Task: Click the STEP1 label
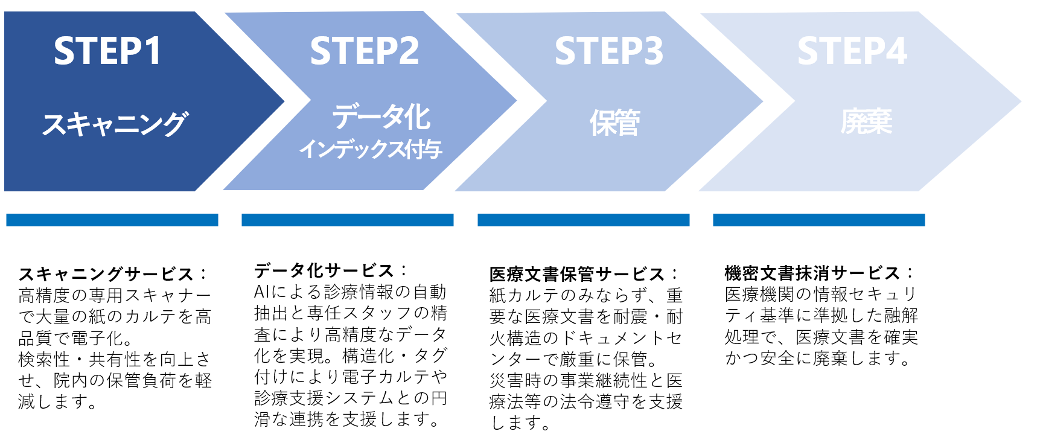click(x=107, y=51)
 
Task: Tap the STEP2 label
click(x=364, y=51)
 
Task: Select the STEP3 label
click(x=608, y=51)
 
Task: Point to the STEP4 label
click(x=852, y=51)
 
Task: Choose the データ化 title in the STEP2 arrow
click(x=381, y=116)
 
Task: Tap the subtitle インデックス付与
click(x=371, y=149)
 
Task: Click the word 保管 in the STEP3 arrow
click(x=614, y=123)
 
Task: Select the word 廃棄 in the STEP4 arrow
click(x=866, y=122)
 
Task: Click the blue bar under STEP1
click(x=112, y=220)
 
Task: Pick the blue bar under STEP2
click(x=347, y=220)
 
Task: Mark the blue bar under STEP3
click(x=583, y=220)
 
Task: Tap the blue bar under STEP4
click(x=818, y=220)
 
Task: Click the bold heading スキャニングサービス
click(x=106, y=274)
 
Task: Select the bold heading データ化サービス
click(x=324, y=270)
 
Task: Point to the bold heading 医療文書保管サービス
click(x=577, y=274)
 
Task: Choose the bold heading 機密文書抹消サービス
click(x=812, y=273)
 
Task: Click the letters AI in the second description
click(x=261, y=292)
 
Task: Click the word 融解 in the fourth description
click(x=901, y=315)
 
